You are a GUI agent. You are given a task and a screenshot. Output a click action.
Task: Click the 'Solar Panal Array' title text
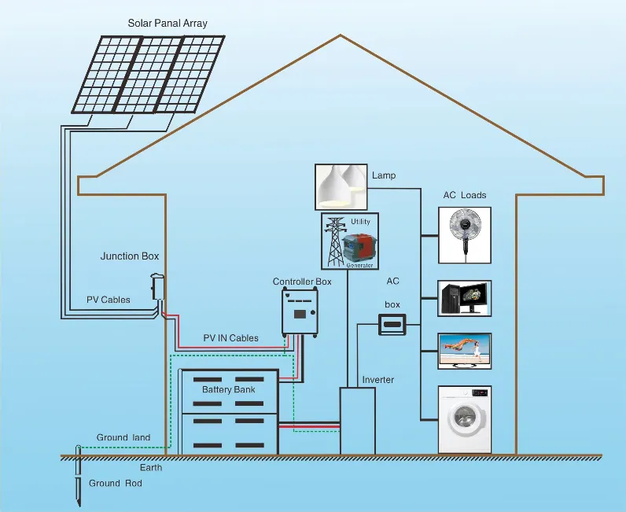(168, 23)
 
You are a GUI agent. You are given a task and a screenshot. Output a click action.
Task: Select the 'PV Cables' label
(109, 300)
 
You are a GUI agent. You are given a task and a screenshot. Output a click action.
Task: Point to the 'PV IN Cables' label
(230, 338)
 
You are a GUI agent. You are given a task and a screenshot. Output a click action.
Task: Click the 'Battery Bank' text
(228, 389)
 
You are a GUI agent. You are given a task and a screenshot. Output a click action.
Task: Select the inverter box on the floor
(359, 420)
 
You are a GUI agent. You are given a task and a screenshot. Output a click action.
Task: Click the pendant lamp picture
(341, 186)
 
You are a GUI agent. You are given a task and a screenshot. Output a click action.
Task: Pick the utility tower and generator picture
(349, 241)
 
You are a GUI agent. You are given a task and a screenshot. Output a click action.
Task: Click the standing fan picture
(465, 234)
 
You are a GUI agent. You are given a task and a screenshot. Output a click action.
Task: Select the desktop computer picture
(465, 297)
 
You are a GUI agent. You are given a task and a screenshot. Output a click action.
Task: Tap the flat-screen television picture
(465, 351)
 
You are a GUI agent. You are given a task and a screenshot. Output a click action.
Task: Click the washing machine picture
(465, 419)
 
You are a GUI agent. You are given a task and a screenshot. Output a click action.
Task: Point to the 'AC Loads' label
(465, 195)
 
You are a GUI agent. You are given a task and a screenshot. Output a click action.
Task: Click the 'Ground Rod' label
(115, 483)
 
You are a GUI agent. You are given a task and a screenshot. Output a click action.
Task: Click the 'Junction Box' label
(130, 256)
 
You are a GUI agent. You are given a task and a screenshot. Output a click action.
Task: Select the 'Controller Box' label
(302, 282)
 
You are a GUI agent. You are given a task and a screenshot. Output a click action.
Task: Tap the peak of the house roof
(340, 35)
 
